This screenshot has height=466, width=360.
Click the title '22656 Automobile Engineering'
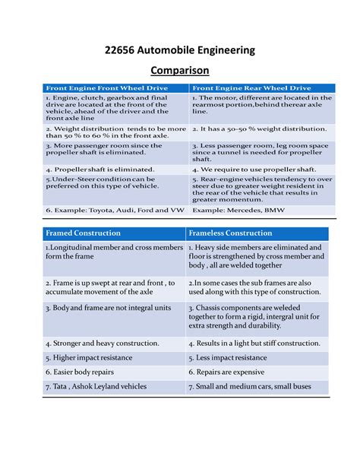tap(180, 50)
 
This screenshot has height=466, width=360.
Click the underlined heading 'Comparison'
tap(180, 71)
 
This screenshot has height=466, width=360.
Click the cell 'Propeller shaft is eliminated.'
tap(99, 169)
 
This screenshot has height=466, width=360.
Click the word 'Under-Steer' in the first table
tap(73, 179)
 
